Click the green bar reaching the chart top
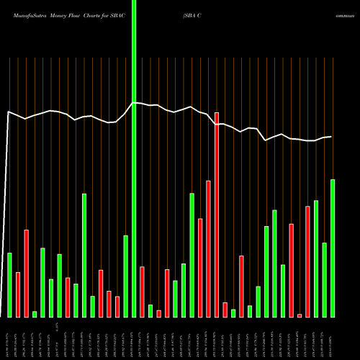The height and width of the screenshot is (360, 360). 134,158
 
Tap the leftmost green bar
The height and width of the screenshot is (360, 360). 9,284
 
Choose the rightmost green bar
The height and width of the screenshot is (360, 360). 333,248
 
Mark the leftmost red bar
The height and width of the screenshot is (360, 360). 18,294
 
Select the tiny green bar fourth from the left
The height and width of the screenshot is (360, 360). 35,314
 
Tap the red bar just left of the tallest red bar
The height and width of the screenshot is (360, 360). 208,248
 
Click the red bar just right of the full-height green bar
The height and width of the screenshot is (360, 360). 142,292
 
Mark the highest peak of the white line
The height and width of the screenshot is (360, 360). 134,103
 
